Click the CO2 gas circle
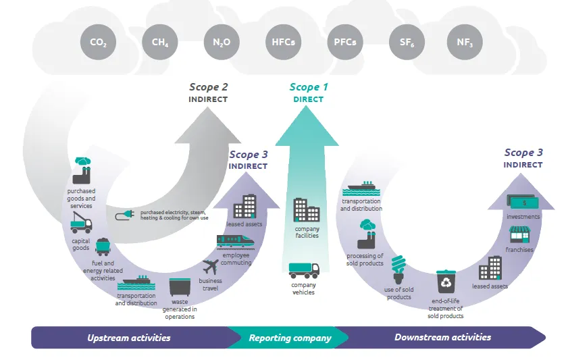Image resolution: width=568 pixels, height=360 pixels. tap(99, 42)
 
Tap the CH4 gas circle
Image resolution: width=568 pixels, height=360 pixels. tap(160, 42)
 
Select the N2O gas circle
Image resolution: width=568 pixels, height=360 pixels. tap(222, 42)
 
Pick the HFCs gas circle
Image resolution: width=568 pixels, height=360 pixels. tap(283, 42)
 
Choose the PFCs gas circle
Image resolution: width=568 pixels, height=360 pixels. tap(345, 42)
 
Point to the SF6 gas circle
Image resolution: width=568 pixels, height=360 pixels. tap(407, 42)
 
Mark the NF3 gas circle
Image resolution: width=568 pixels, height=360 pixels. tap(465, 42)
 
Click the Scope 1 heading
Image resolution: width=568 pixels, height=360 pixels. tap(309, 87)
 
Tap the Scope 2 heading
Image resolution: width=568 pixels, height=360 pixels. tap(208, 87)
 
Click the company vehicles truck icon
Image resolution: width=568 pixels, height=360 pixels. tap(304, 270)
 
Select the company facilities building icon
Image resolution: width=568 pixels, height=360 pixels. tap(307, 210)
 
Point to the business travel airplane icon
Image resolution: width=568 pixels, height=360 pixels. tap(211, 265)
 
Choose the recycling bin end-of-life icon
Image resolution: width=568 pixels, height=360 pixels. tap(446, 282)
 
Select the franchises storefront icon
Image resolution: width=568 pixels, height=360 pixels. tap(519, 235)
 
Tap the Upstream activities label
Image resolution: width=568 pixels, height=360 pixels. tap(128, 337)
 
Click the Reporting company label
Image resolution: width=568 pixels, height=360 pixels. tap(290, 338)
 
